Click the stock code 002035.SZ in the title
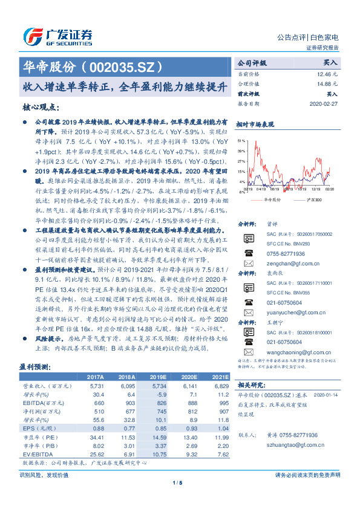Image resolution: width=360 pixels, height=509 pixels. pos(121,65)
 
